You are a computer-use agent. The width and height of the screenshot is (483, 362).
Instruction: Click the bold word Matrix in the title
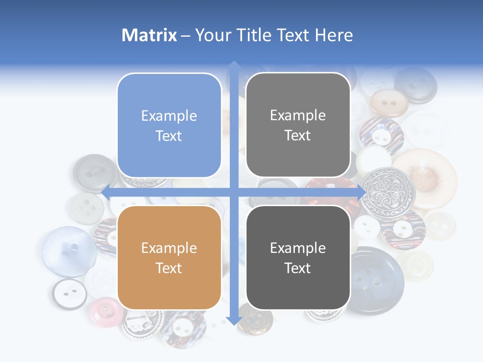(149, 35)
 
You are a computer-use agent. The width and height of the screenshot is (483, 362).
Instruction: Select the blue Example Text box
(169, 125)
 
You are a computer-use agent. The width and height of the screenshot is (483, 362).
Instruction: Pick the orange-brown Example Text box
(169, 257)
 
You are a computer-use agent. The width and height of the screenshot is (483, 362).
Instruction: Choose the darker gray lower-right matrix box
(298, 257)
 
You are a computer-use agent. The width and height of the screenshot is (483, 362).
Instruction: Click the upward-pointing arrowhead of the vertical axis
(233, 66)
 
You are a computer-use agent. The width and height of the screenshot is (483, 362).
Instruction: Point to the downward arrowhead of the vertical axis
(233, 320)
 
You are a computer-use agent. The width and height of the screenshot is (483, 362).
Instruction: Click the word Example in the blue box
(169, 116)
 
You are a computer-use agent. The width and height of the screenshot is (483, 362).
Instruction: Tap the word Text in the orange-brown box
(169, 268)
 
